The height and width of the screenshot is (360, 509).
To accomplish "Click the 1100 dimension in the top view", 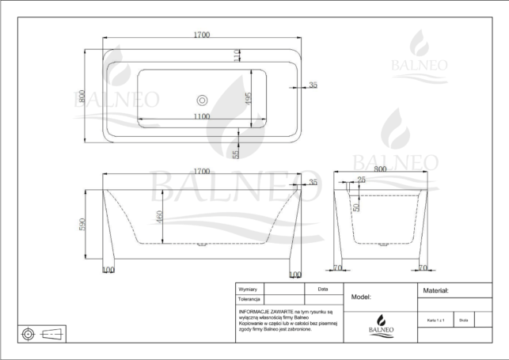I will click(201, 116).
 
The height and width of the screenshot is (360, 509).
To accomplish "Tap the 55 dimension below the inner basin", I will click(236, 152).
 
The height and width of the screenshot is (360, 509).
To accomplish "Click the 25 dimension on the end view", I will click(361, 181).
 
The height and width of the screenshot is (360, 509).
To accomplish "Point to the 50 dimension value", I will click(356, 207).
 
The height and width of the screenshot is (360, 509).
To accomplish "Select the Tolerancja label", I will click(250, 300).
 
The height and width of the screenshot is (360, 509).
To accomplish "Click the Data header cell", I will click(322, 290).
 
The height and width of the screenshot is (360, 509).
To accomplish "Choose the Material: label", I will click(437, 291).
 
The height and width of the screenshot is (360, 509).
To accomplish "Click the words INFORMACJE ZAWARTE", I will click(261, 312).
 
